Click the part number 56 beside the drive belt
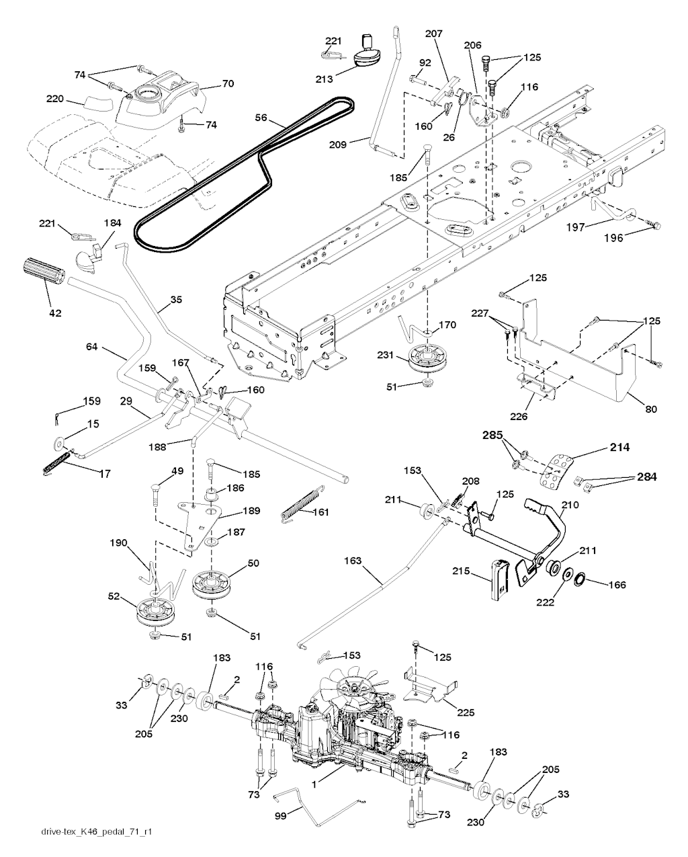click(261, 118)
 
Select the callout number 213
click(324, 79)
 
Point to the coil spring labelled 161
click(304, 503)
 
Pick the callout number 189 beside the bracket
click(251, 511)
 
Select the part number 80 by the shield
click(651, 409)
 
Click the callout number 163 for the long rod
click(352, 561)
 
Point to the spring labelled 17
click(58, 461)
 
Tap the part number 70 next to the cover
click(228, 83)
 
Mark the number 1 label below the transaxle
click(314, 784)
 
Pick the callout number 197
click(576, 227)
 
